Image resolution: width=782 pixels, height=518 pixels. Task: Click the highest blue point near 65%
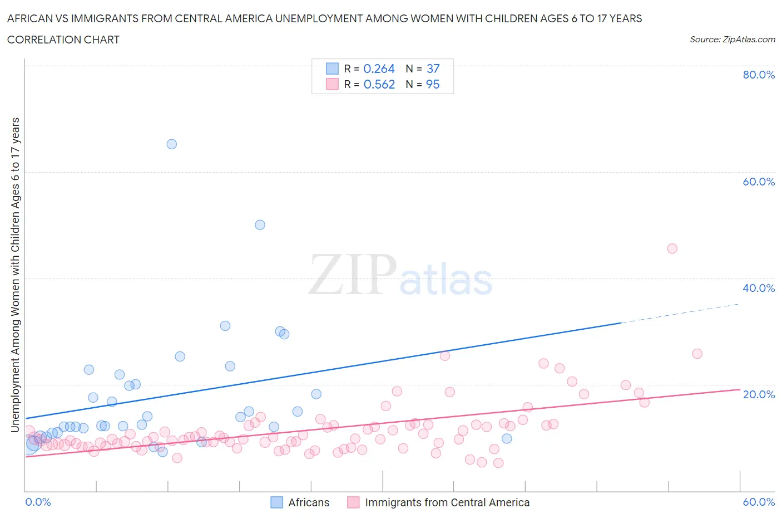point(172,144)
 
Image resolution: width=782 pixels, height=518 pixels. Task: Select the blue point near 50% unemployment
point(260,225)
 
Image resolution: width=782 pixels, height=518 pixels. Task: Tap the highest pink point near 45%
point(672,248)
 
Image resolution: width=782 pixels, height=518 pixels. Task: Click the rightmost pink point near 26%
point(697,354)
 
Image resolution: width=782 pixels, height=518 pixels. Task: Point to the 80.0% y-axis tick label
point(759,75)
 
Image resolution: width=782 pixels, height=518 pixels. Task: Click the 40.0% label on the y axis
point(759,288)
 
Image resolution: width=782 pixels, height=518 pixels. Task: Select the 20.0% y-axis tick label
point(759,394)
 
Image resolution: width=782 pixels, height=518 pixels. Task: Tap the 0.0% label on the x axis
point(38,502)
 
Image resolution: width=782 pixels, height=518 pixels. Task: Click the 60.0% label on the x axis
point(759,502)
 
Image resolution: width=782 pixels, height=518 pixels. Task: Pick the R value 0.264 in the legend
point(379,69)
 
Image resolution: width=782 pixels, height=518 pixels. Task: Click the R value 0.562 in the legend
point(379,84)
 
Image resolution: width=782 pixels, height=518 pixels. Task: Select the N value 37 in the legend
point(433,69)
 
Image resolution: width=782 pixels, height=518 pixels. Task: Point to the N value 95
point(433,84)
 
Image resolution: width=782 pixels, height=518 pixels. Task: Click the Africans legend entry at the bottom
point(308,502)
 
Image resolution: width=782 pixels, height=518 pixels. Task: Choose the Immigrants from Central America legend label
point(447,502)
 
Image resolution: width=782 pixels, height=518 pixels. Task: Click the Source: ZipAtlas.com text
point(732,40)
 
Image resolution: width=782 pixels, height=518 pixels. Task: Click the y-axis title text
point(16,275)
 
